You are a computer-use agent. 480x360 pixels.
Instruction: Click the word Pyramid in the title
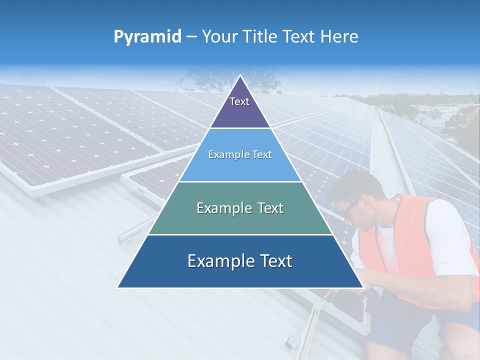coord(147,37)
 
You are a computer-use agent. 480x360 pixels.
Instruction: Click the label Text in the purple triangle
coord(239,101)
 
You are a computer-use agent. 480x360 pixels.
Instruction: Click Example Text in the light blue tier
coord(240,154)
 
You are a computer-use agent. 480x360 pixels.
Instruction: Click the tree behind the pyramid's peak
coord(200,80)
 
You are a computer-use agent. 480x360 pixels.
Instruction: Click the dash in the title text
coord(191,37)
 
